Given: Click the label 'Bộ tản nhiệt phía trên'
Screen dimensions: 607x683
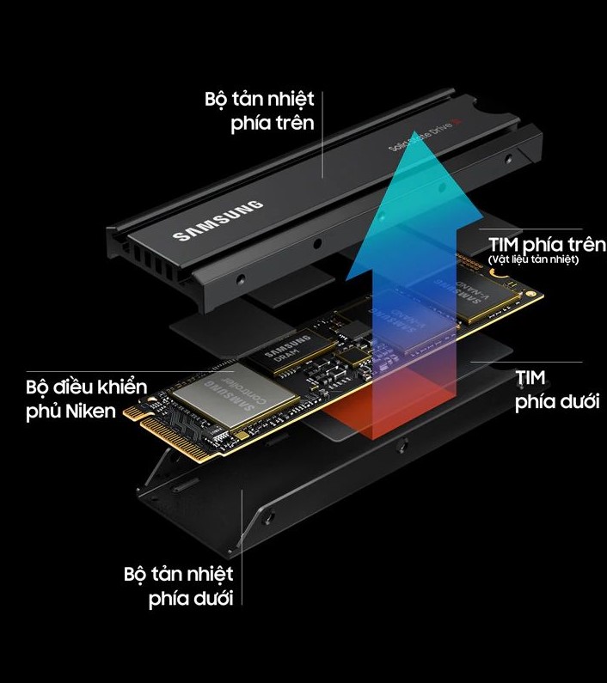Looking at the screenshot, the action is [259, 110].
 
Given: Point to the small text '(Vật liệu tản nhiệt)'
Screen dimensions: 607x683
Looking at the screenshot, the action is [533, 259].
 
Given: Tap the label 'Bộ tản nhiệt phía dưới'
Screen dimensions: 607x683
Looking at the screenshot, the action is [178, 585].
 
